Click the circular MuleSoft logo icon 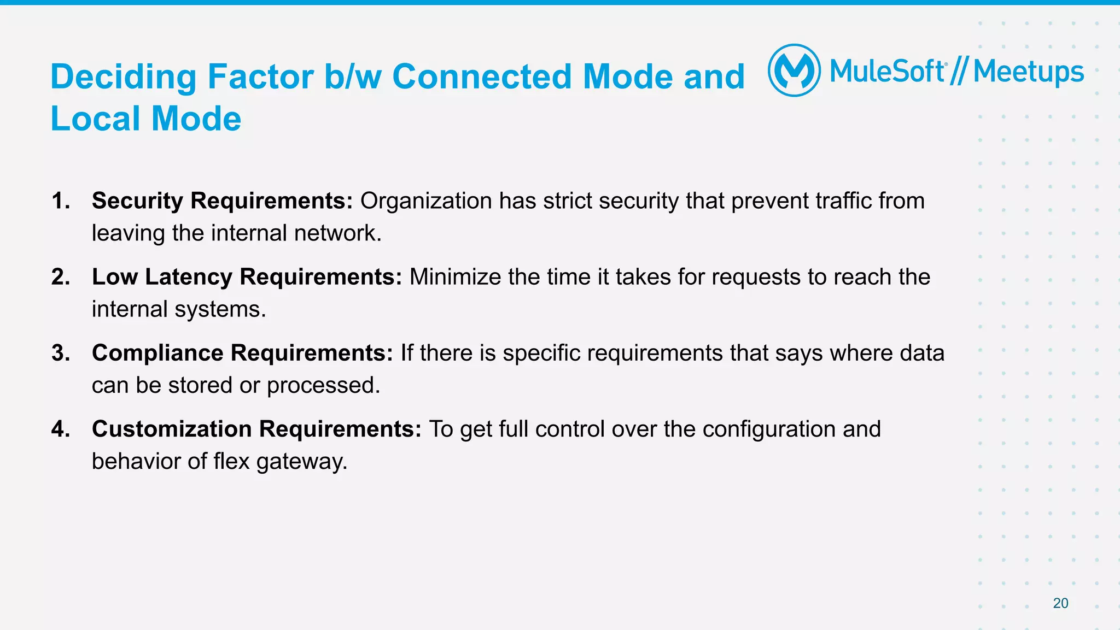coord(794,70)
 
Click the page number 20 coord(1060,603)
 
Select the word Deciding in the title coord(123,77)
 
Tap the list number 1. coord(61,201)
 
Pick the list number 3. coord(61,353)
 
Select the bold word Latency coord(189,277)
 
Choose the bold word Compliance coord(157,353)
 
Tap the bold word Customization coord(172,429)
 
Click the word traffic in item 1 coord(843,201)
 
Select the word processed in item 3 coord(323,386)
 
